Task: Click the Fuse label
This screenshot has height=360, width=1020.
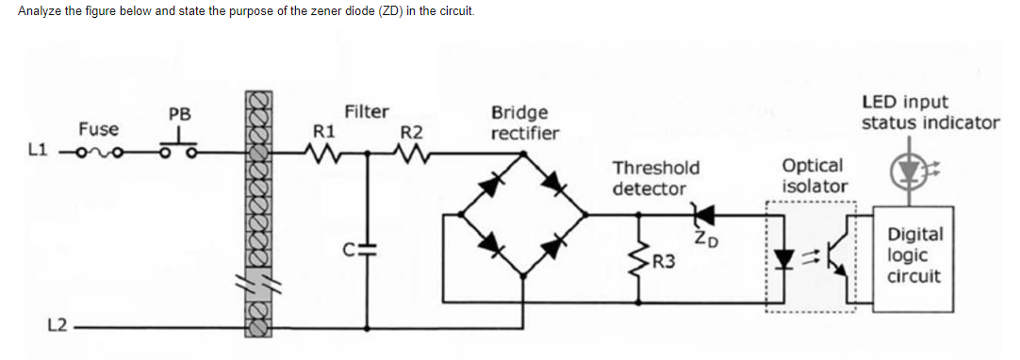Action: click(98, 129)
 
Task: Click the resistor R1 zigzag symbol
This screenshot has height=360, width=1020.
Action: click(323, 152)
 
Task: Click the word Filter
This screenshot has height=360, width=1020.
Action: click(366, 112)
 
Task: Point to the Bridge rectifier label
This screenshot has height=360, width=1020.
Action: click(524, 123)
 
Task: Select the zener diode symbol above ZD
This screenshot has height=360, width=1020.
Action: click(699, 215)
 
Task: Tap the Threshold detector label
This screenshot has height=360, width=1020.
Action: click(655, 178)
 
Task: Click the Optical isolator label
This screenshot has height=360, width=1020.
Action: click(814, 175)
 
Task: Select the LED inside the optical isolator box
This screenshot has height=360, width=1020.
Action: click(783, 254)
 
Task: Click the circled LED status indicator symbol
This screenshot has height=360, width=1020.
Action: click(908, 167)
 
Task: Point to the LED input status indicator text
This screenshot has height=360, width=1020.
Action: click(930, 112)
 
